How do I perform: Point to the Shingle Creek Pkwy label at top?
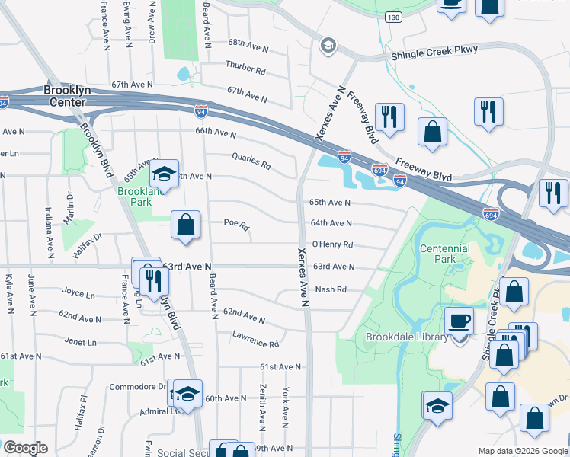click(434, 50)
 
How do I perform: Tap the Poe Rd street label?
click(236, 225)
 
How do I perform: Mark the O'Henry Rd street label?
click(331, 244)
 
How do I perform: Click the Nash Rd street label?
click(331, 289)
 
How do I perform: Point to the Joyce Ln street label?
click(78, 292)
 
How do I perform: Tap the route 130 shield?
click(392, 16)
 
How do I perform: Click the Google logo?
click(25, 448)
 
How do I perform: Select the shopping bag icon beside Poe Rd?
click(185, 225)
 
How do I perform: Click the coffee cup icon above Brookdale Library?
click(459, 321)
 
